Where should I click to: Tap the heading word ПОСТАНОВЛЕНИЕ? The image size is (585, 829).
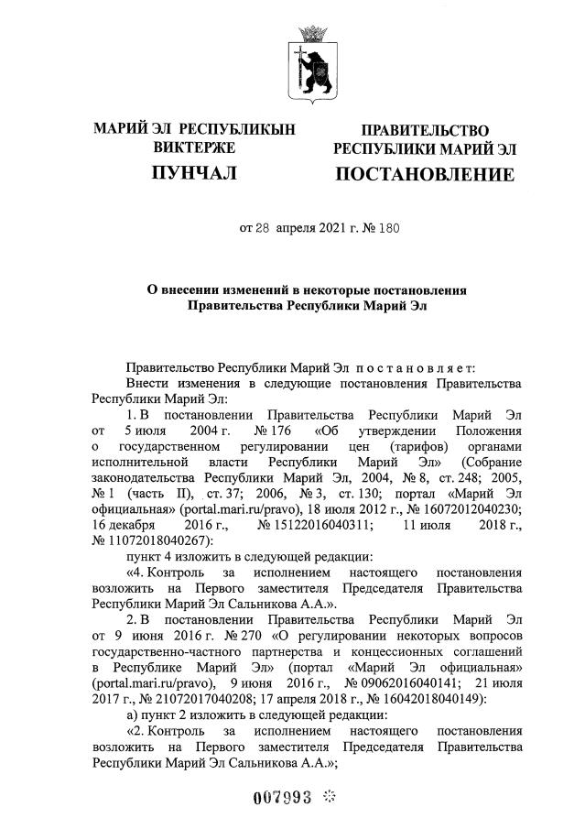pos(424,174)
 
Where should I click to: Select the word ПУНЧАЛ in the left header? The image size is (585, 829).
pos(194,172)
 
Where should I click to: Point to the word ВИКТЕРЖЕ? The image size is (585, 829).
pos(194,147)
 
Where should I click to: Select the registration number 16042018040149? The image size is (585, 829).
pos(432,700)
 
